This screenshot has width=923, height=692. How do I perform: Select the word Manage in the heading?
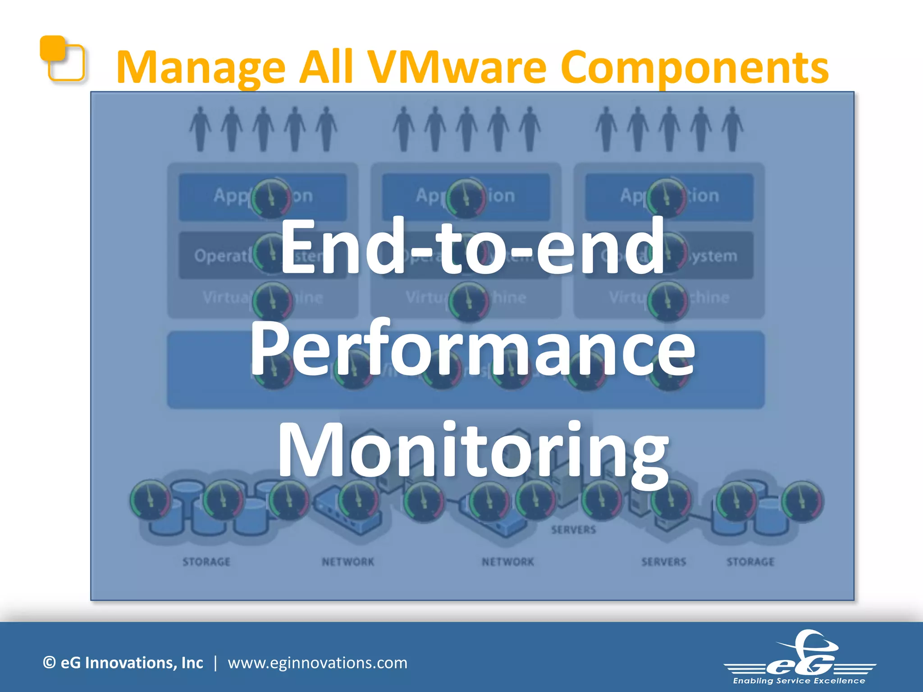coord(201,68)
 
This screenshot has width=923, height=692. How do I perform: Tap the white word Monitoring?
coord(473,451)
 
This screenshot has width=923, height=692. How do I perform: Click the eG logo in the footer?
coord(800,658)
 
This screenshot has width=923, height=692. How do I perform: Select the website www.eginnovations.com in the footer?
coord(317,663)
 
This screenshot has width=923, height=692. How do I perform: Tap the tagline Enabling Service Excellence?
coord(799,681)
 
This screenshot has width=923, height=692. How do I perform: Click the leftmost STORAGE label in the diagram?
coord(206,562)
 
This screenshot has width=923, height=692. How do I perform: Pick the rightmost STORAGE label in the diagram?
coord(750,562)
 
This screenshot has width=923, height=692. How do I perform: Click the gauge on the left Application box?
coord(271,197)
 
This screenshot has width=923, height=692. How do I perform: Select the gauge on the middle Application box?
coord(466,197)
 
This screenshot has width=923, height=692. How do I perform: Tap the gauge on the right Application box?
coord(667,197)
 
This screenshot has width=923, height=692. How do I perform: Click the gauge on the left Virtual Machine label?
coord(272,301)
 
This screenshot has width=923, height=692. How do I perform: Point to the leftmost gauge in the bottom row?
coord(151,500)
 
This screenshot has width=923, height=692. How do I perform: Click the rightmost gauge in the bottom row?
coord(803,501)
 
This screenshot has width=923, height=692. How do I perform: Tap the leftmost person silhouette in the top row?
coord(200,128)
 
